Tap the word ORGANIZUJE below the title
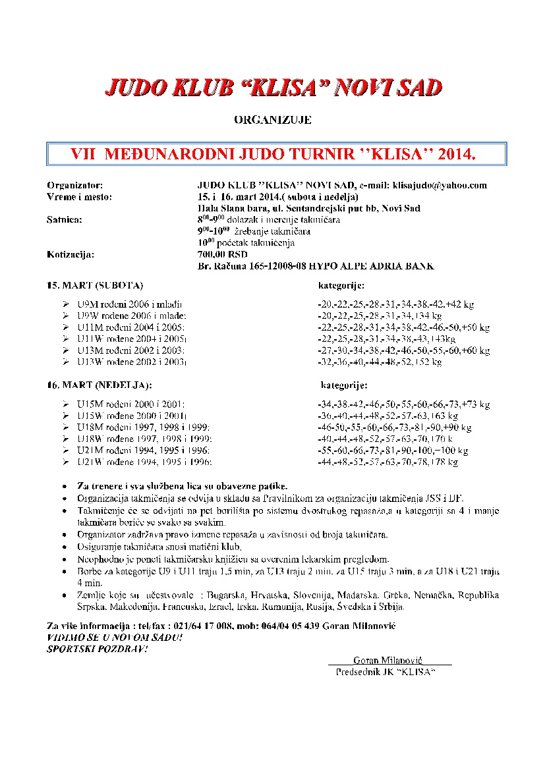click(x=272, y=121)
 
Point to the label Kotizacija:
click(x=71, y=254)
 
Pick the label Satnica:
click(x=65, y=220)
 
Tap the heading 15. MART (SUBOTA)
click(x=95, y=286)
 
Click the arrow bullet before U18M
click(x=65, y=428)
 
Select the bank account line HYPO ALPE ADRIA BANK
click(x=316, y=265)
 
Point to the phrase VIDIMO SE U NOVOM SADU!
click(x=115, y=638)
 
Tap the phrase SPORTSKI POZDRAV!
click(x=98, y=649)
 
